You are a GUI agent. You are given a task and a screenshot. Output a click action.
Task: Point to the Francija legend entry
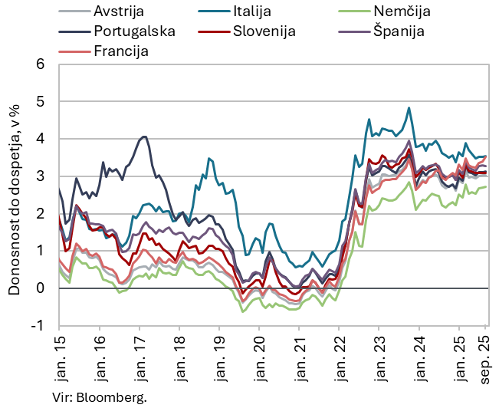[120, 51]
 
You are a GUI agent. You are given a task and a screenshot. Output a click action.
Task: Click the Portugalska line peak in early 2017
[144, 137]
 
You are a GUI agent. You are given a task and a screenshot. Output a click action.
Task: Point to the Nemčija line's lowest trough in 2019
[243, 311]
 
